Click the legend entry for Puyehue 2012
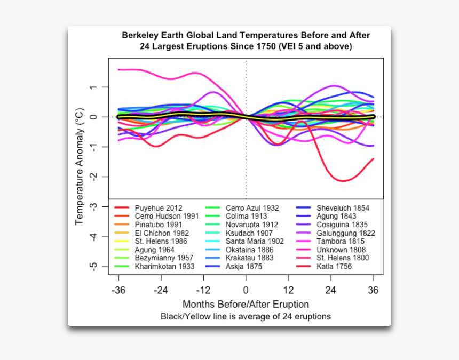pos(159,208)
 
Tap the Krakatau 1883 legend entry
pos(249,258)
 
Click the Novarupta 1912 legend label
pos(252,225)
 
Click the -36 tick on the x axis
pos(118,291)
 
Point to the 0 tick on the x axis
pos(246,291)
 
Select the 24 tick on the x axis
pos(331,291)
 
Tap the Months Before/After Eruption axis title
pos(246,305)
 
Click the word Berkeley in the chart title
pos(141,35)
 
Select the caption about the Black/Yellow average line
pos(246,316)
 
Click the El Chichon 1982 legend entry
pos(162,233)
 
